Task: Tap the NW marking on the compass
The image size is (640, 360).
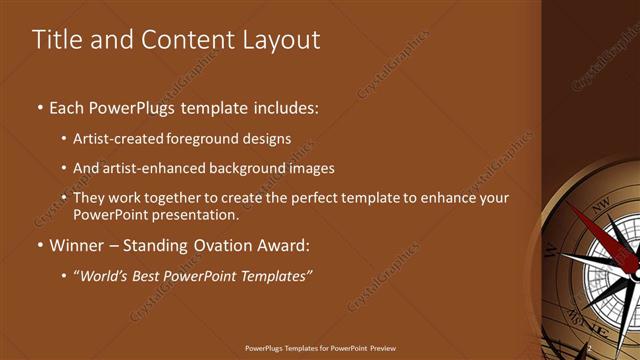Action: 600,211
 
